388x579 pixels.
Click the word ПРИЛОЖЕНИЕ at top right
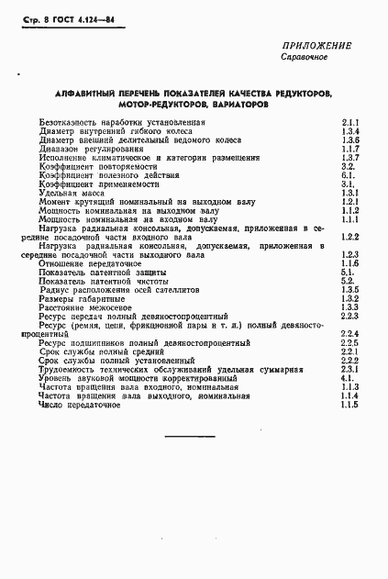[x=316, y=46]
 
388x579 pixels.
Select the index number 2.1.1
[x=349, y=122]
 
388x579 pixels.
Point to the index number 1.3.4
[x=349, y=131]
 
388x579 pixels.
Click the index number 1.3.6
[x=349, y=140]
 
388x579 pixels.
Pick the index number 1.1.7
[x=349, y=150]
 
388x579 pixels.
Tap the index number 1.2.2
[x=349, y=237]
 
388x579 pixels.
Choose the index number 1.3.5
[x=349, y=290]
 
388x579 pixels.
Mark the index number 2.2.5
[x=349, y=342]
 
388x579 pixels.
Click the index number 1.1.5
[x=349, y=405]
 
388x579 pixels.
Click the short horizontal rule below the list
[x=189, y=434]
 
